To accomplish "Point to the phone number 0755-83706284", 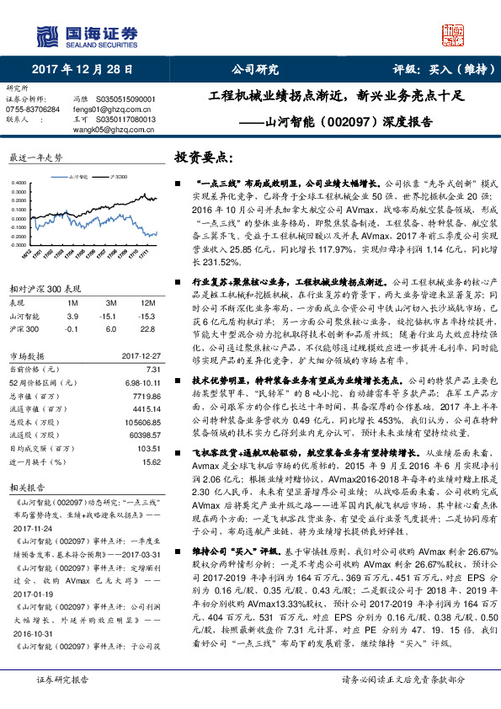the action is coord(33,109).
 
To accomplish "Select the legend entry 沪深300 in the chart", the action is coord(119,177).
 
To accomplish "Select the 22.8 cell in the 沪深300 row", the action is coord(148,328).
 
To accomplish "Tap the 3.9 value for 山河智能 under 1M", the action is coord(72,315).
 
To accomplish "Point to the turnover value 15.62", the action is coord(150,462).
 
